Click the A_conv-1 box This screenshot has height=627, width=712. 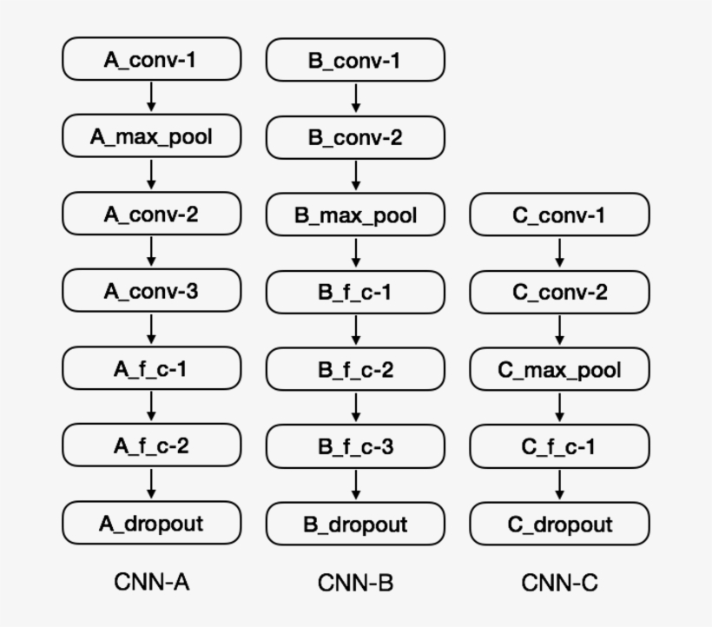(151, 59)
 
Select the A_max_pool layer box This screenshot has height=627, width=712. (151, 136)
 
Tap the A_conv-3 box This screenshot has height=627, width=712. (151, 291)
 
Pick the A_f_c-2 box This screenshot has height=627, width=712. (151, 445)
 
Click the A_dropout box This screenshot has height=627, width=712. (151, 523)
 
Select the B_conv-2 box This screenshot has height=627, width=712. (355, 137)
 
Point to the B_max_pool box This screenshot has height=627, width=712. (355, 215)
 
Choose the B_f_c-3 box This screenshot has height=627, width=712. (355, 446)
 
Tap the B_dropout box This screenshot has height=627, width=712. (355, 524)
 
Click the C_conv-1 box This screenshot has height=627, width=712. (559, 214)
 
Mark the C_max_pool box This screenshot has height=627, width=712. (559, 370)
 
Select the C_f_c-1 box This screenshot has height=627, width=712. (559, 447)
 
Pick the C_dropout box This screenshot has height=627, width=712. (559, 524)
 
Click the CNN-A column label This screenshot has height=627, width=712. (151, 582)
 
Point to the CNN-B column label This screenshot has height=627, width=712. (355, 582)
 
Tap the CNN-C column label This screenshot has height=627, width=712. (559, 582)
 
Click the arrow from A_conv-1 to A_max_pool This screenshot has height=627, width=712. (151, 97)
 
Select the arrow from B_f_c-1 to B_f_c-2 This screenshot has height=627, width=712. (355, 331)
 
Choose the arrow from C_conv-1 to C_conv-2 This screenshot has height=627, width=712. (559, 253)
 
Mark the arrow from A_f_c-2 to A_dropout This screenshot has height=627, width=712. (151, 484)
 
